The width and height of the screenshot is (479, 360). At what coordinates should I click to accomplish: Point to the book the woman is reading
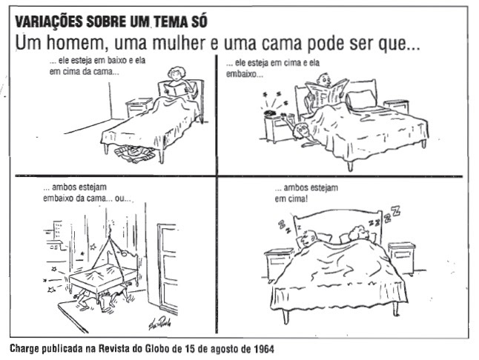[x=175, y=89]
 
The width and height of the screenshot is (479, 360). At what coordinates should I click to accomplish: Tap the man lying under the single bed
[x=135, y=153]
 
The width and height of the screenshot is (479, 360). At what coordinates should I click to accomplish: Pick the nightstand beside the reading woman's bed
[x=139, y=107]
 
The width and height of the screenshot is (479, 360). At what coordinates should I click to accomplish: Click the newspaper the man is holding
[x=327, y=92]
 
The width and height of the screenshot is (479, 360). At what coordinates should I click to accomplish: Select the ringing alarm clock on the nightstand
[x=271, y=113]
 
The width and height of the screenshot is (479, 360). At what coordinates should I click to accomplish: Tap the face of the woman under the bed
[x=300, y=130]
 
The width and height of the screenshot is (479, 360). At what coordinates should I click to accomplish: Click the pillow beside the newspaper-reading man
[x=361, y=99]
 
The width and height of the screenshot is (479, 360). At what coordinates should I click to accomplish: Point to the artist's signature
[x=159, y=323]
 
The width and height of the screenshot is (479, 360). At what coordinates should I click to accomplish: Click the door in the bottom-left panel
[x=167, y=268]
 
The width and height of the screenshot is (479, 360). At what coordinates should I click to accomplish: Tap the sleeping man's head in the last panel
[x=308, y=239]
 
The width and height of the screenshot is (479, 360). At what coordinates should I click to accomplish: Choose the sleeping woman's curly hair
[x=358, y=233]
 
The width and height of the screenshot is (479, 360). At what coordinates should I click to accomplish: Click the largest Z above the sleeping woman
[x=396, y=210]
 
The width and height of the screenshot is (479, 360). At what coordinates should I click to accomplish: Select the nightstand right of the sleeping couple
[x=402, y=258]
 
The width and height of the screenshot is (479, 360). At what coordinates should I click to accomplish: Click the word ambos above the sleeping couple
[x=295, y=187]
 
